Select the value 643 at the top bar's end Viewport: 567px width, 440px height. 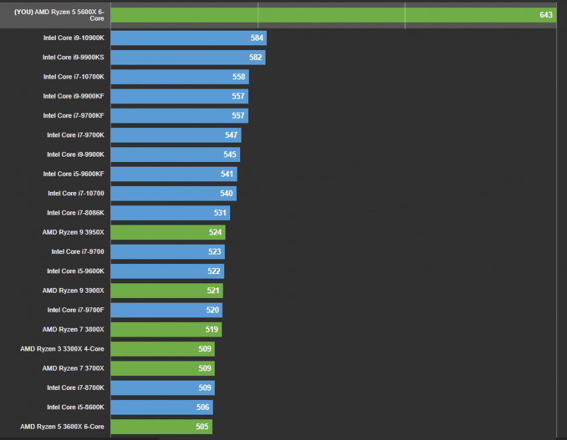point(547,15)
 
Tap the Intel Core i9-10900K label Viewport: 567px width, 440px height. point(73,38)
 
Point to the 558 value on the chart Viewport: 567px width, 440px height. point(239,77)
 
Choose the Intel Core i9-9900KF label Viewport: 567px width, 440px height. point(73,96)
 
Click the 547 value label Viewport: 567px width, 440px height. point(231,135)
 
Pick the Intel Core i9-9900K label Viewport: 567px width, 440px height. point(75,154)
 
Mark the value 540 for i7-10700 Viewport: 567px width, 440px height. point(227,193)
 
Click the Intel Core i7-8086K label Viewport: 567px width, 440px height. point(75,213)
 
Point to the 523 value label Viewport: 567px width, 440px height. point(215,251)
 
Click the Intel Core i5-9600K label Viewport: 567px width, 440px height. point(75,271)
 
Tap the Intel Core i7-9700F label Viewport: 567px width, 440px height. point(75,310)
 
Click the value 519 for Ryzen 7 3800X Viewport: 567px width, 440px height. point(212,329)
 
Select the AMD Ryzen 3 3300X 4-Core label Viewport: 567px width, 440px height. point(62,349)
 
